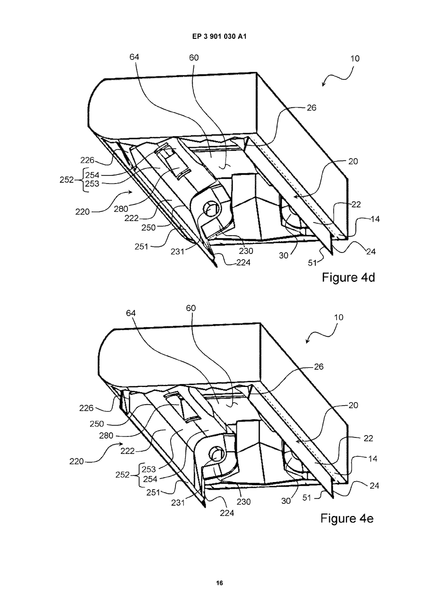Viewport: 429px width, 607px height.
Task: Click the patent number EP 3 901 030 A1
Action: click(219, 36)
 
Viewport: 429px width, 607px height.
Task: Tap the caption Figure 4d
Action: click(348, 278)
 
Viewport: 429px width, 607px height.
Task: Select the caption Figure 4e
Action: click(347, 518)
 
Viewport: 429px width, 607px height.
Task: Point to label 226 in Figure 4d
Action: click(87, 160)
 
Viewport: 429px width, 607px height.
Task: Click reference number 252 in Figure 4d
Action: click(66, 180)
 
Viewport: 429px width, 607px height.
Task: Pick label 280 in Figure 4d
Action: click(120, 209)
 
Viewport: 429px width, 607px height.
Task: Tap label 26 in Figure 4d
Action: click(312, 108)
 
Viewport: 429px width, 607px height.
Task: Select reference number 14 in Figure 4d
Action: click(375, 219)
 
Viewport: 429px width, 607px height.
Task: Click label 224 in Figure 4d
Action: click(243, 263)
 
